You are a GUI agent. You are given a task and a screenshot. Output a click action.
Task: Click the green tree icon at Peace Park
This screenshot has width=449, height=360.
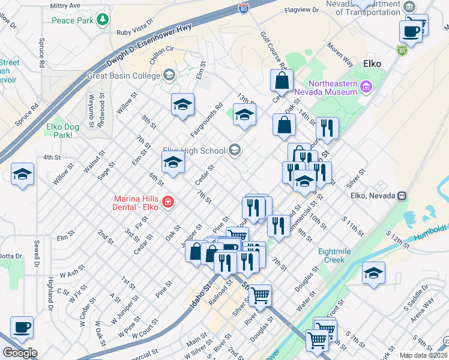[103, 20]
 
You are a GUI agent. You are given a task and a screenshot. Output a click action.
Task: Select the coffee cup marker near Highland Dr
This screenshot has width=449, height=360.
[22, 328]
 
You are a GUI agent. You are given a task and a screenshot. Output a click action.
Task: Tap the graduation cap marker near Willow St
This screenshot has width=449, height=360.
[22, 175]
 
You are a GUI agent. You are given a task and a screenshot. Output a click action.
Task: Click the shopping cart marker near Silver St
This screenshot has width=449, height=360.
[260, 295]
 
